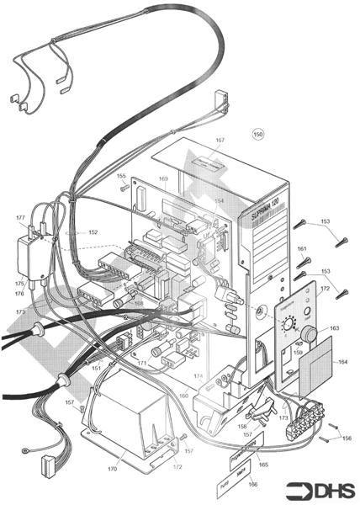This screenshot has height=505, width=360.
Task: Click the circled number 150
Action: click(x=258, y=134)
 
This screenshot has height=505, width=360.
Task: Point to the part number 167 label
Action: click(x=220, y=141)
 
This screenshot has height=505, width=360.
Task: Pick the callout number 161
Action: click(x=302, y=249)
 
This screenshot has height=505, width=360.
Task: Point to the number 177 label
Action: click(x=20, y=217)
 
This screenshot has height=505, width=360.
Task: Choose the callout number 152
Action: click(x=93, y=232)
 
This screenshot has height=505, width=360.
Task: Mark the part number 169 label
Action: click(x=164, y=179)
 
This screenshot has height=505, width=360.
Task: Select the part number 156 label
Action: click(x=347, y=439)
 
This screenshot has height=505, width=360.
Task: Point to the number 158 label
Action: click(x=242, y=428)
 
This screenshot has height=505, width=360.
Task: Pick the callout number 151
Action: click(x=97, y=368)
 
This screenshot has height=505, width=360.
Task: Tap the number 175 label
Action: click(x=18, y=284)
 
